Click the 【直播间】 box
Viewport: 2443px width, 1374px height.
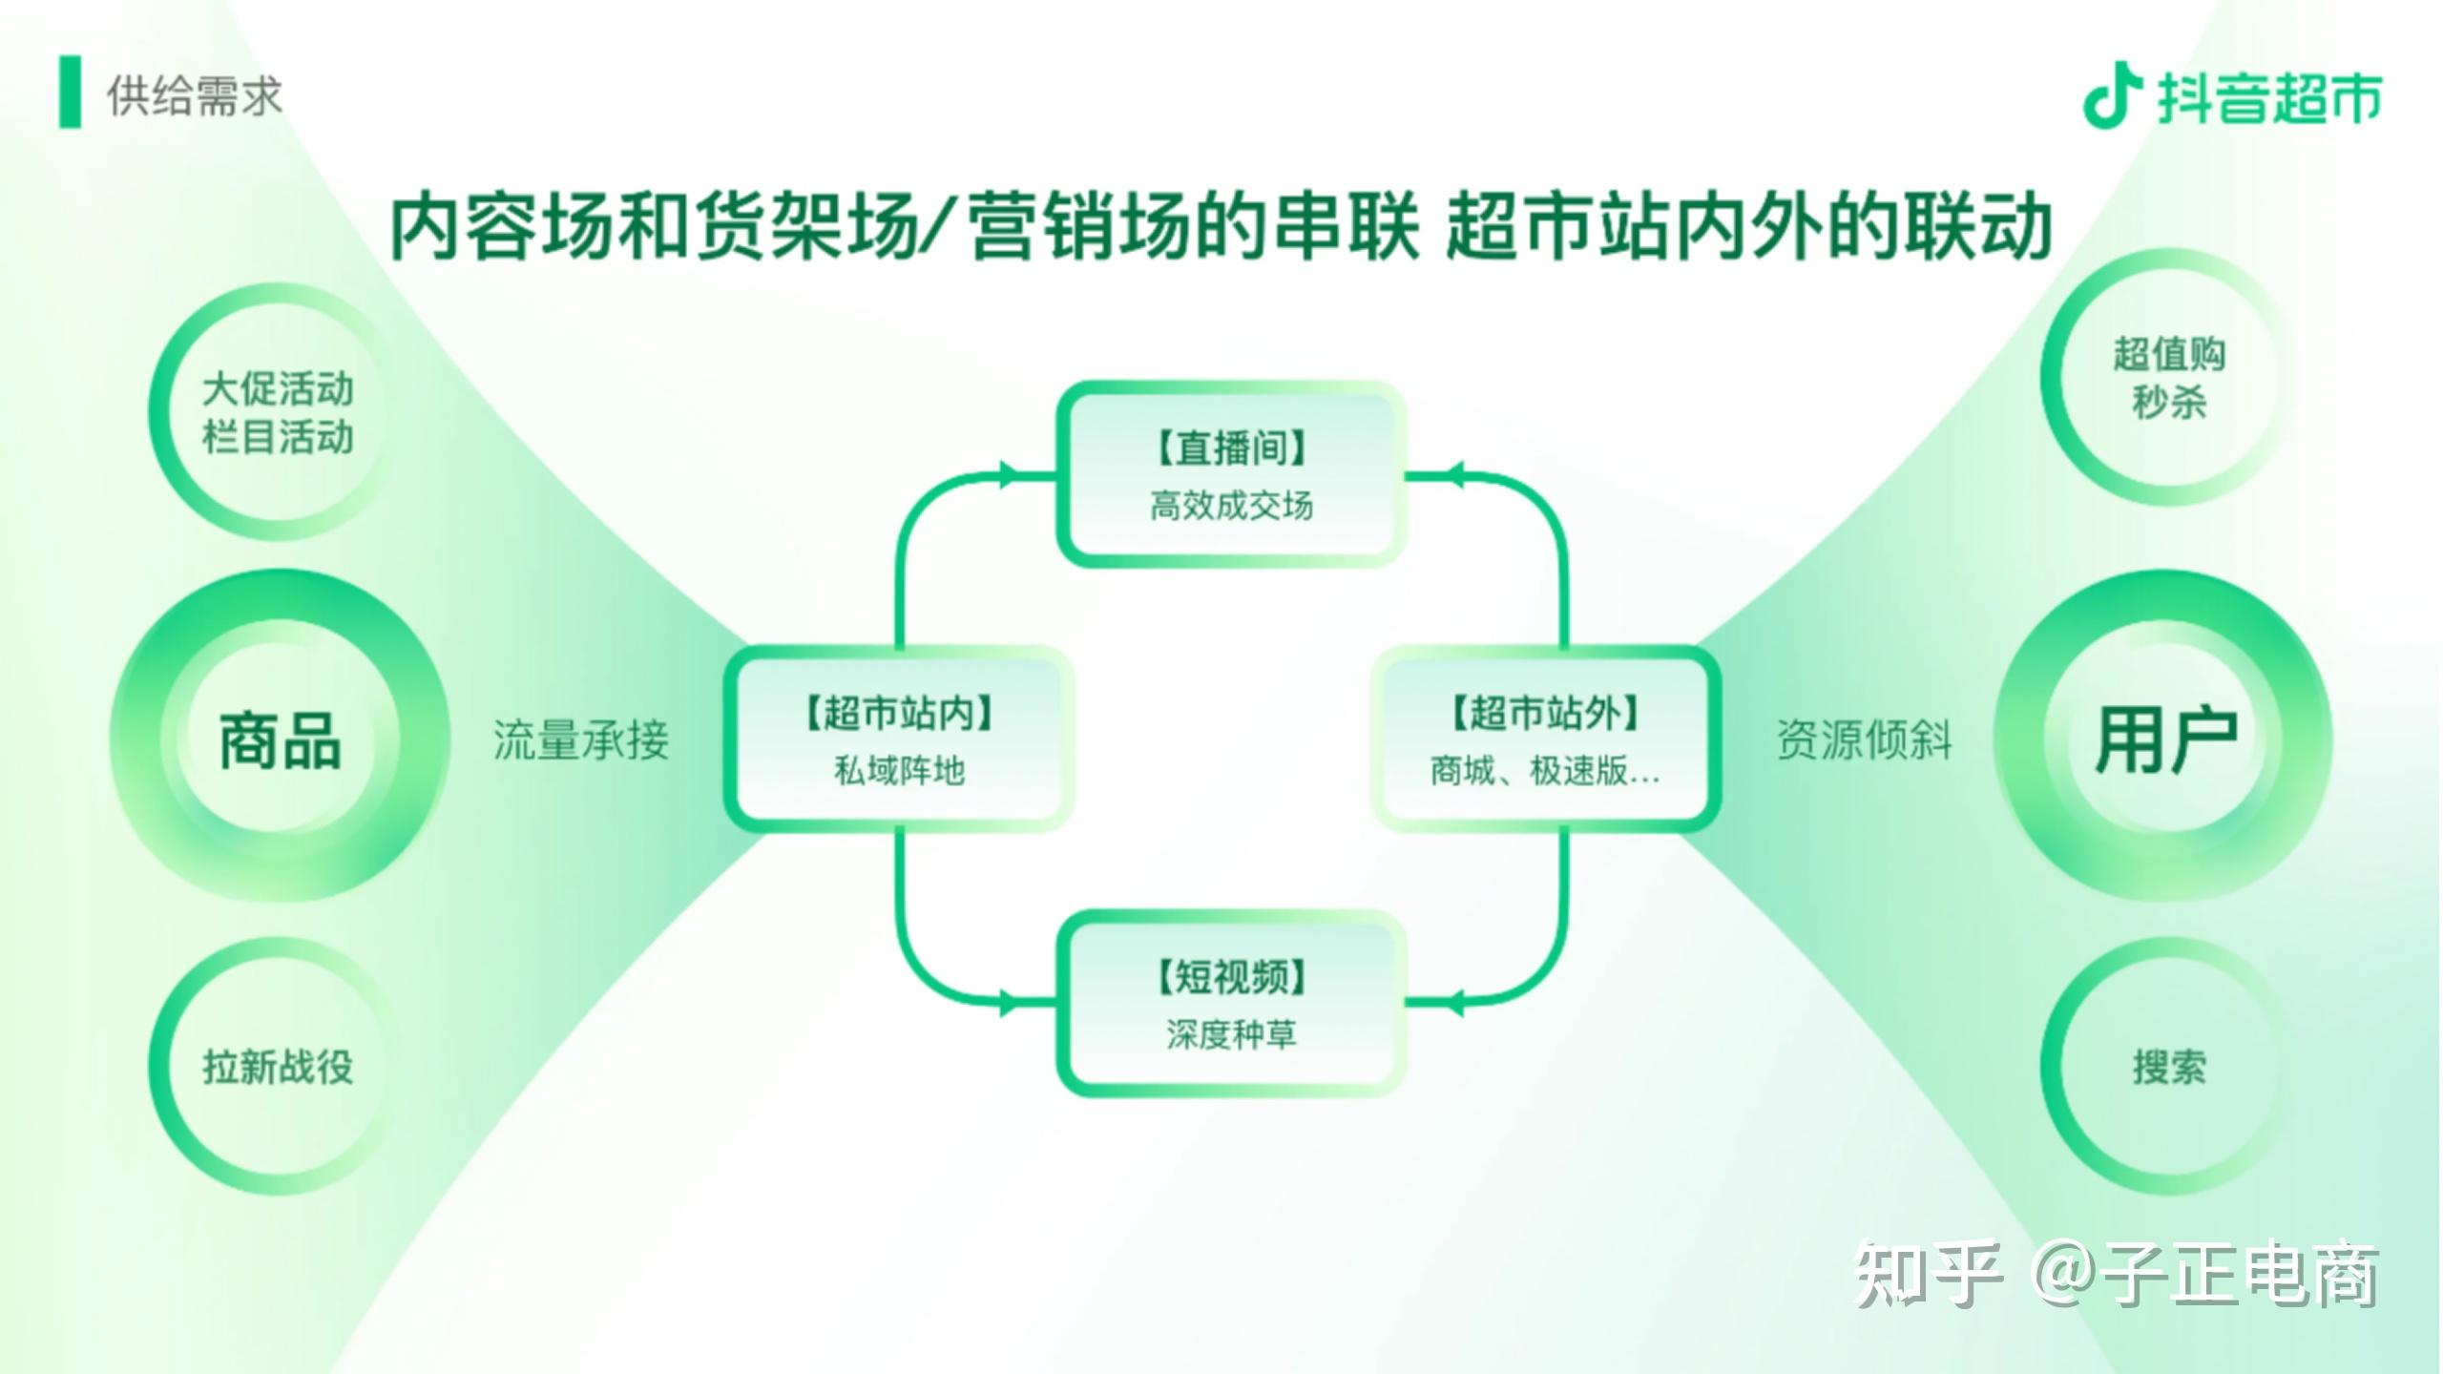click(1231, 474)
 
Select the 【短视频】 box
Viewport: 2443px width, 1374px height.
click(1231, 1004)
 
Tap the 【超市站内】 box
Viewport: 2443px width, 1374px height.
click(899, 739)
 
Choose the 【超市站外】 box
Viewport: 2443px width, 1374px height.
click(1546, 739)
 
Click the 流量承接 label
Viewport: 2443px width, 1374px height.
click(581, 740)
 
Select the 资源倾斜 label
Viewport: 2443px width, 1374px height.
click(1865, 740)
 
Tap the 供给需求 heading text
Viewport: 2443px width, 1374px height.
click(195, 96)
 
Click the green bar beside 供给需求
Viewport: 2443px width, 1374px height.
click(70, 93)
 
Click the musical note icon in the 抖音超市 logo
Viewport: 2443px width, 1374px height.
click(2111, 95)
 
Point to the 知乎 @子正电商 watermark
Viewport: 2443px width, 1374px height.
click(2117, 1275)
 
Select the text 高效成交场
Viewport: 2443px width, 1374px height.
click(1231, 506)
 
